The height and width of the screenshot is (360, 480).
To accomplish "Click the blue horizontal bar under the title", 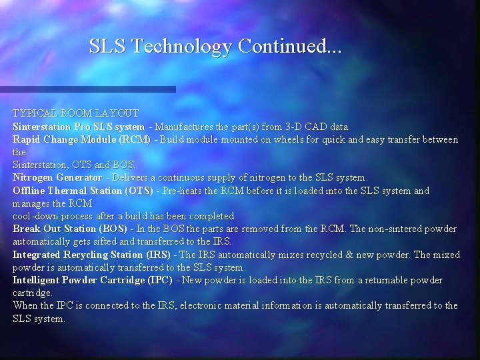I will (87, 89).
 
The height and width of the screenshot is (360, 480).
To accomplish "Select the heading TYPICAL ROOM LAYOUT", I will (76, 113).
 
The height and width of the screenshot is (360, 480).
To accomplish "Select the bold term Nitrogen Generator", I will (57, 178).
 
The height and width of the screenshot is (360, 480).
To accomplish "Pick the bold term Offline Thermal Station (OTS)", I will (83, 191).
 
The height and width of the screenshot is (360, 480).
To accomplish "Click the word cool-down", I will (35, 216).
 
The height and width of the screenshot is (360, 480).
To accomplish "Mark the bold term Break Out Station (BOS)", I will (70, 229).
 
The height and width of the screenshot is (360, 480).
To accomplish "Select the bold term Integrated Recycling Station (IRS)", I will (91, 255).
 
